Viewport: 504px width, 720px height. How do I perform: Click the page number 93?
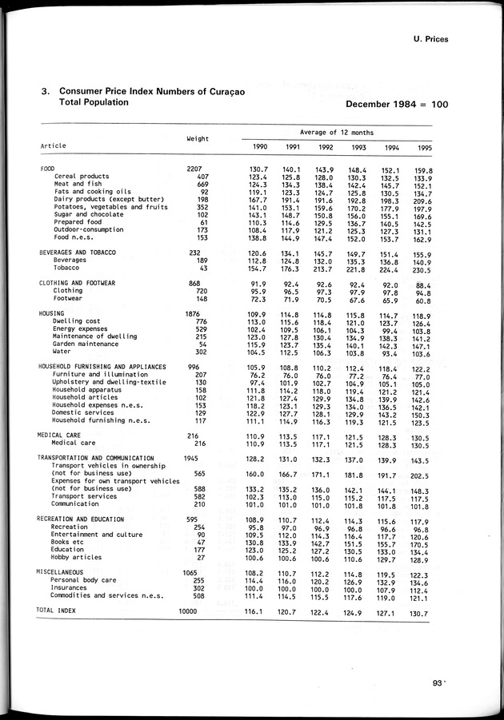point(437,682)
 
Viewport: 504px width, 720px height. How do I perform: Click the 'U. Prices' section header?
point(426,38)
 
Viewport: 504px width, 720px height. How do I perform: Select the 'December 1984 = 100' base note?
point(397,105)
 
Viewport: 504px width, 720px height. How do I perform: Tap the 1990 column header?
point(260,147)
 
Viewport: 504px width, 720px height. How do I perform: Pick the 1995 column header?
point(425,147)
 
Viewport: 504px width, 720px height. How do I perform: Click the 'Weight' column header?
point(198,138)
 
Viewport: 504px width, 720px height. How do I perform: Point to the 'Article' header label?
point(54,145)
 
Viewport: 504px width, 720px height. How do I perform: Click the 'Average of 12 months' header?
point(338,132)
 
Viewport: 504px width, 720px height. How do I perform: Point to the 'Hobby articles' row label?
point(77,557)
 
